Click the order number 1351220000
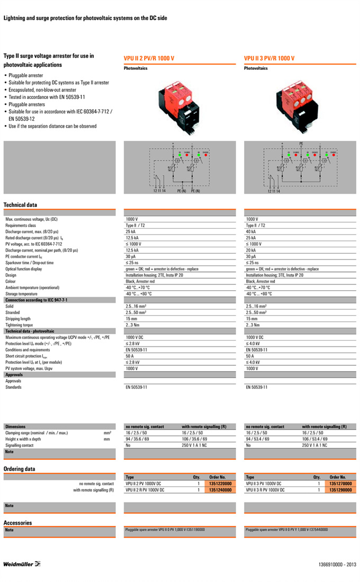220,483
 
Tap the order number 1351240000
220,490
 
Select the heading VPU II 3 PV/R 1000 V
269,58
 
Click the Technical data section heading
20,204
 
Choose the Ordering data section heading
20,469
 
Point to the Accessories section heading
17,523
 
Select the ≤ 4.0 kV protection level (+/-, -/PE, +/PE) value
255,344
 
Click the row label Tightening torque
19,325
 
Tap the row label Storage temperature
21,293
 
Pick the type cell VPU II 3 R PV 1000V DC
265,490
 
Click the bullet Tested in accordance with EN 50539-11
47,97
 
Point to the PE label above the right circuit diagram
301,144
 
